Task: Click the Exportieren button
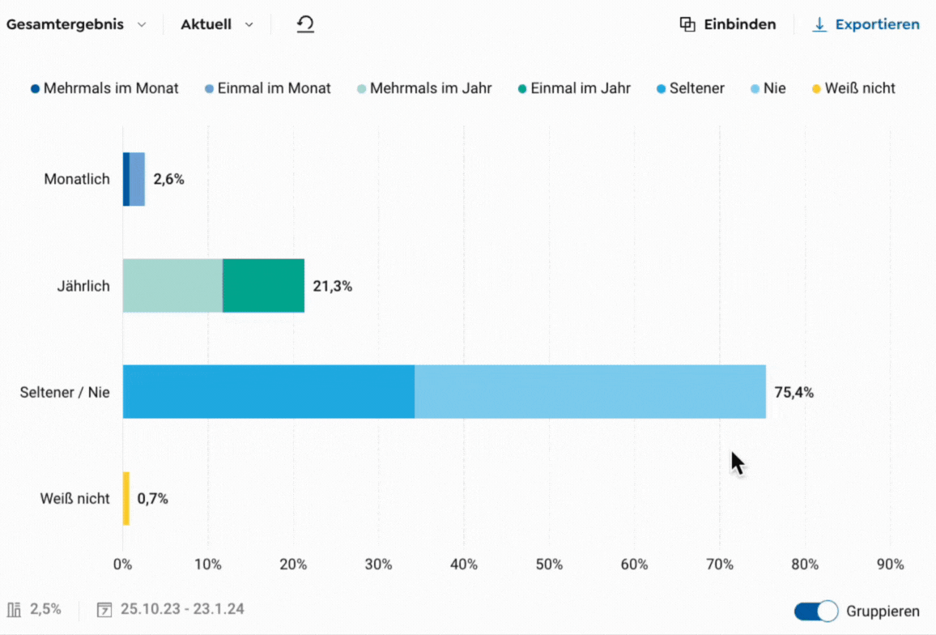tap(867, 24)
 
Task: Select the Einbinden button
tap(728, 24)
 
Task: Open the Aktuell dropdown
tap(216, 24)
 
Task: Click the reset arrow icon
tap(305, 24)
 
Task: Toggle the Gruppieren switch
tap(815, 611)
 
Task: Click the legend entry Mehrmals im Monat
tap(105, 88)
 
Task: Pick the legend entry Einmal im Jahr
tap(574, 88)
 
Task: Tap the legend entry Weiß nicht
tap(854, 88)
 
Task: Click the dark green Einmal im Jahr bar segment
tap(263, 285)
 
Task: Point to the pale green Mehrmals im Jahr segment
tap(172, 285)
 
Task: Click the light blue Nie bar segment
tap(589, 391)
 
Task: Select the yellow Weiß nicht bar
tap(126, 498)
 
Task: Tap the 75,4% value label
tap(793, 393)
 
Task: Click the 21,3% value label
tap(333, 286)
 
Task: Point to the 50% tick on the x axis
tap(549, 565)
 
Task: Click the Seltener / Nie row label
tap(65, 393)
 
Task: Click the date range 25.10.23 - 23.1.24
tap(182, 609)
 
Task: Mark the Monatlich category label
tap(77, 179)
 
